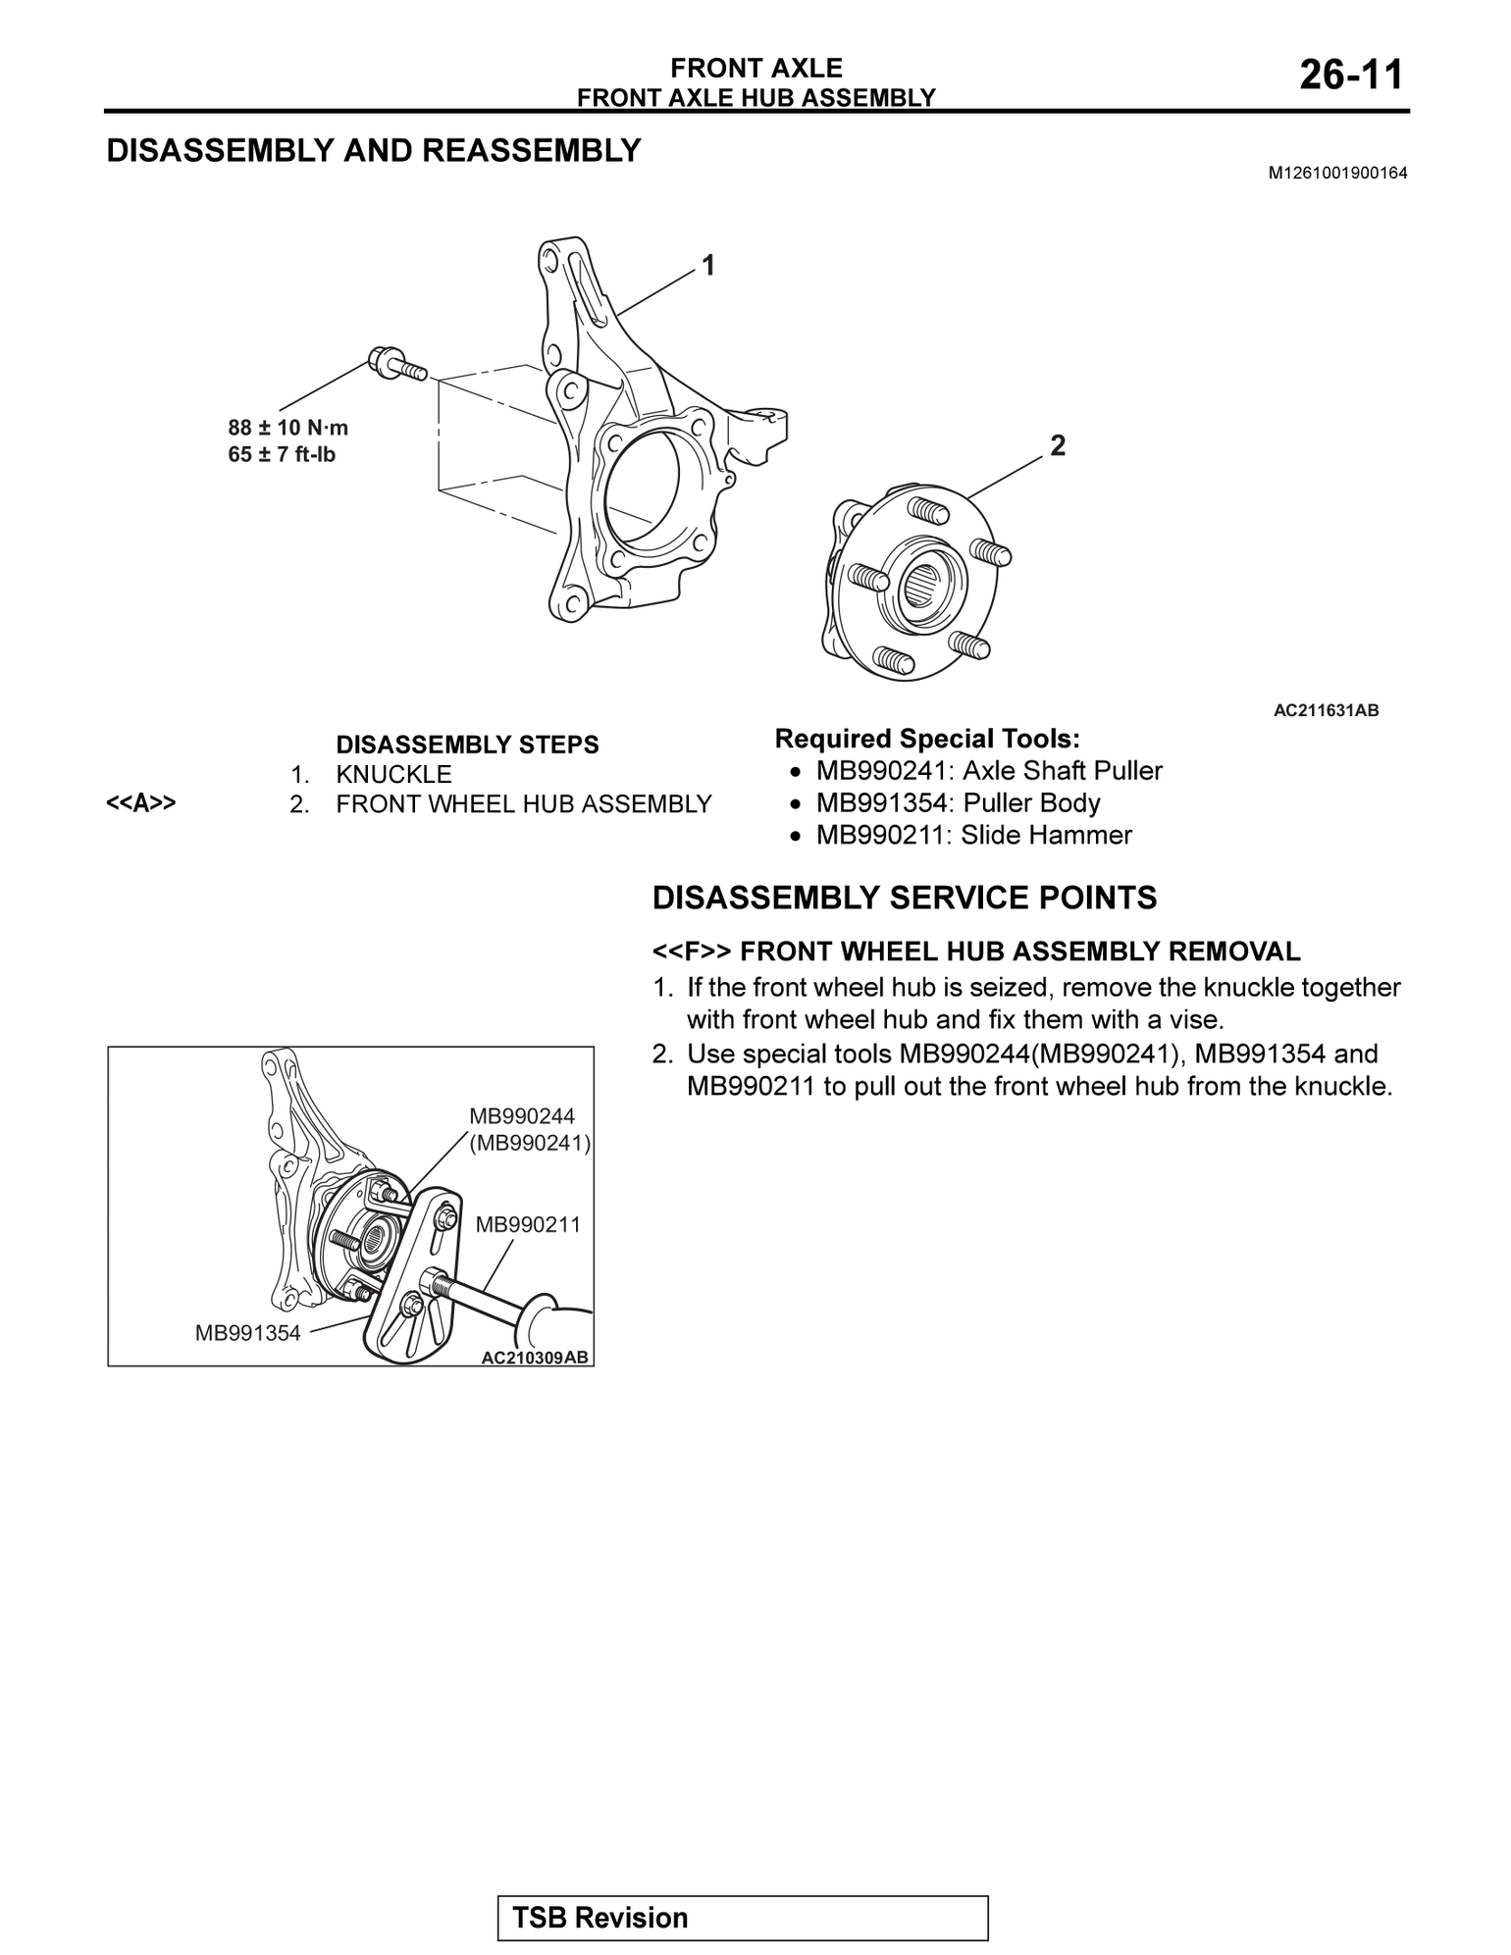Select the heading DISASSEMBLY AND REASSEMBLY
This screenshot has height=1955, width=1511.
pos(373,151)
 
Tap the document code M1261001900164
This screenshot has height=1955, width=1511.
pos(1337,174)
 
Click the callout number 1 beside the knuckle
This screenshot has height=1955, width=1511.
pos(706,265)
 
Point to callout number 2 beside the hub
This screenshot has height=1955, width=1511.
pos(1057,446)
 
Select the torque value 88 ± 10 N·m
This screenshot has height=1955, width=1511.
pos(287,428)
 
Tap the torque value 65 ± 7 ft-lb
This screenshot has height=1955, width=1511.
pos(282,454)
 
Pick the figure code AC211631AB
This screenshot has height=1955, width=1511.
pos(1326,710)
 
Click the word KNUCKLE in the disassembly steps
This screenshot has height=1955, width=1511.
pos(393,774)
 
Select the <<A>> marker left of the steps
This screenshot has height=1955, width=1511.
pos(141,803)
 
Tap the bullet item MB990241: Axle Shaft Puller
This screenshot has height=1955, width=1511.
pos(988,771)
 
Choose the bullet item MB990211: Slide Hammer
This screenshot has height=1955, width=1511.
pos(973,836)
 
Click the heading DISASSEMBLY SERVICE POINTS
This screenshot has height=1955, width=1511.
pos(905,898)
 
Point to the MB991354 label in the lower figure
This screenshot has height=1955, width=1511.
pos(247,1332)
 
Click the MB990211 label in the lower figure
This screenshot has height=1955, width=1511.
pos(528,1224)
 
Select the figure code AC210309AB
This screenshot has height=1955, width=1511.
pos(535,1358)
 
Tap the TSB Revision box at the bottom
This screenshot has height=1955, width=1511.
pos(743,1918)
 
